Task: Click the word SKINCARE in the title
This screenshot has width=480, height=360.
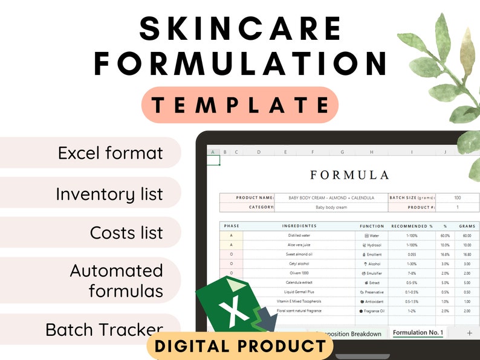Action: (x=241, y=28)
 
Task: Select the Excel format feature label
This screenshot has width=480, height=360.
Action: (x=110, y=153)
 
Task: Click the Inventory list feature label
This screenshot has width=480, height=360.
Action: (x=109, y=194)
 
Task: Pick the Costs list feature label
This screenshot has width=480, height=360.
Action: (x=126, y=233)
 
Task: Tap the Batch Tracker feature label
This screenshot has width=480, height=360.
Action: (x=104, y=330)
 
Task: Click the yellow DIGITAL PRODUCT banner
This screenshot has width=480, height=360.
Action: (x=240, y=346)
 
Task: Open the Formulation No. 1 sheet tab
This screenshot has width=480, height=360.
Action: (x=418, y=333)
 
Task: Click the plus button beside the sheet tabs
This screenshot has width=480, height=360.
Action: (x=470, y=333)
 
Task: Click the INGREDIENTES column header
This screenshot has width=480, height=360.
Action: (x=299, y=226)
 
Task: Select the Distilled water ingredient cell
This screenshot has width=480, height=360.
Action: (x=299, y=236)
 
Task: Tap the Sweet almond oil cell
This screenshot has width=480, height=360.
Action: (x=299, y=254)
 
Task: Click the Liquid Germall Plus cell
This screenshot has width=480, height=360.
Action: (x=299, y=292)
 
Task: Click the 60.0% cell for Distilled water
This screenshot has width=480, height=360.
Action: (x=445, y=236)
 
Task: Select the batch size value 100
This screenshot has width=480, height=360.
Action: (x=457, y=198)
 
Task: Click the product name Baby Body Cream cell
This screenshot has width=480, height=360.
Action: (x=331, y=198)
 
